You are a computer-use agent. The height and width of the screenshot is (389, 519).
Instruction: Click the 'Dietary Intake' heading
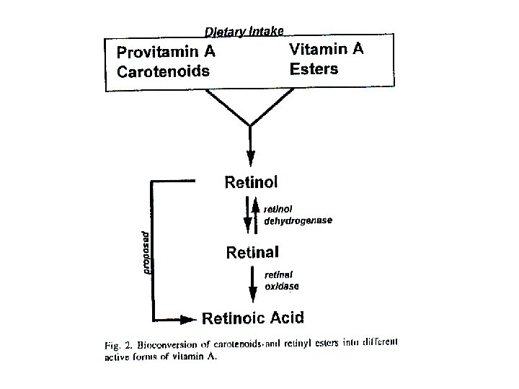244,31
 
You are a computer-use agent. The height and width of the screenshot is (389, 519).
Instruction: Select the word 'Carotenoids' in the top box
164,71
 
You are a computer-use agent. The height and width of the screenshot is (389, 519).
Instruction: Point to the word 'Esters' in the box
314,69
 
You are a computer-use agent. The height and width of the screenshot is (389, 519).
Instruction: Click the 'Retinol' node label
251,181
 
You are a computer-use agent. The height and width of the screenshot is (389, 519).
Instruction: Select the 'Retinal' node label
252,252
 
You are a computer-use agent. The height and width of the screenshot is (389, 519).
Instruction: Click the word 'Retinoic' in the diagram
236,317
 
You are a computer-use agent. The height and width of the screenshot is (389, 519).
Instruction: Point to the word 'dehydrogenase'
298,220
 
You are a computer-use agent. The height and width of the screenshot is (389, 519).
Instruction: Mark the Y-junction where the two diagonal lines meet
250,126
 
